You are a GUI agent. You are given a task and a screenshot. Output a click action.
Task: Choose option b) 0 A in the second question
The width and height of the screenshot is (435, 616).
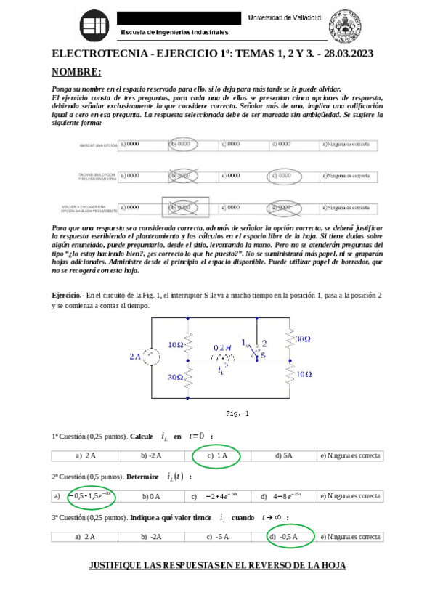coord(150,497)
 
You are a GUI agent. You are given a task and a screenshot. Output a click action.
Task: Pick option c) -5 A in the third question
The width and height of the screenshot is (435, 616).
coord(217,538)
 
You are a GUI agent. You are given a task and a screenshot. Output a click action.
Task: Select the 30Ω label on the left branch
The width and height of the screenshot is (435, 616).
coord(174,378)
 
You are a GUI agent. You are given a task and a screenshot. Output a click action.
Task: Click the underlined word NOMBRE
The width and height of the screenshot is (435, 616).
coord(76,73)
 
